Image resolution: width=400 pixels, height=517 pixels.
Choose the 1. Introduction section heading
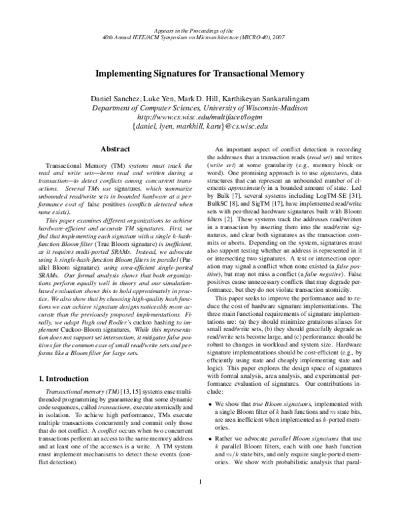(64, 378)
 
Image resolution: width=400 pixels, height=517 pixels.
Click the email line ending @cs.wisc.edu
(200, 125)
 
